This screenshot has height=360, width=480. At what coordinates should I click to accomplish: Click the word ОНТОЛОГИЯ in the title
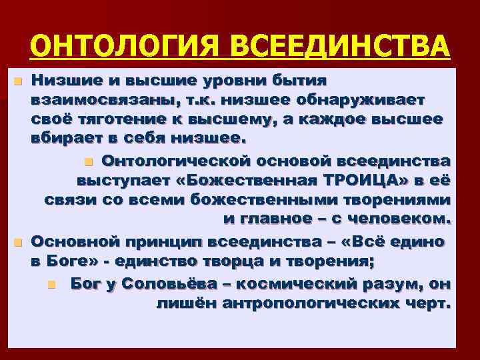127,46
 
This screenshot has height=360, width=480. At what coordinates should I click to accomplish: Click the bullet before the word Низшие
18,82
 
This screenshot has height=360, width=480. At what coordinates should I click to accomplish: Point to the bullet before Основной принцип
18,241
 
